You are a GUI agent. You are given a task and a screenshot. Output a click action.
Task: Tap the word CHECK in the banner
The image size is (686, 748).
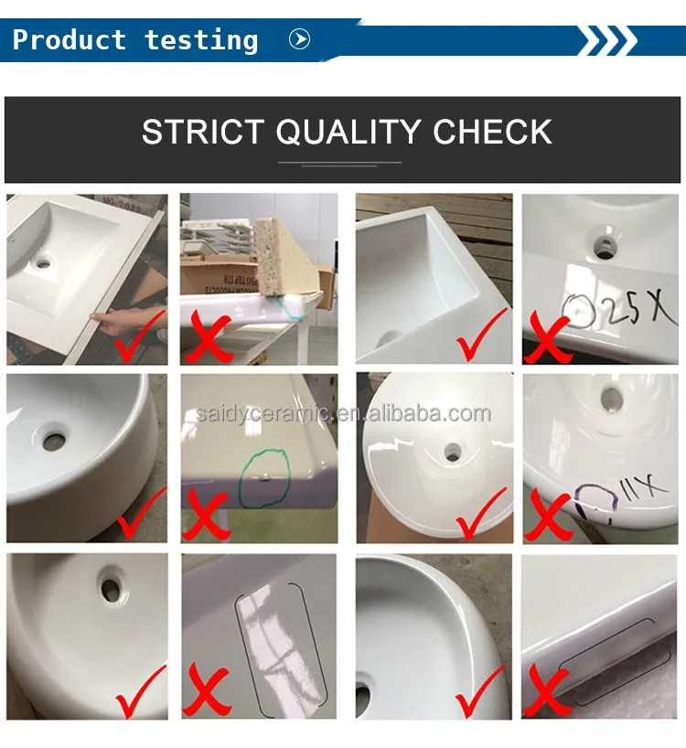click(492, 133)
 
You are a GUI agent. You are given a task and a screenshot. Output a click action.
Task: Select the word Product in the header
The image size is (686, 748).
click(69, 40)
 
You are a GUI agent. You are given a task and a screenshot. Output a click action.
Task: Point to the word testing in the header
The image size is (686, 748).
click(201, 40)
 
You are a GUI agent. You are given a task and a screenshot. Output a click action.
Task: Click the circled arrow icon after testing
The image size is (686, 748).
click(299, 39)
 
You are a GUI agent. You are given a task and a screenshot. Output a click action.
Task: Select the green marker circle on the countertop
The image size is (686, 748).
click(264, 476)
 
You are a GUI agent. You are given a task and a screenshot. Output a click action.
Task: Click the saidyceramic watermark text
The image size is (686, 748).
click(343, 414)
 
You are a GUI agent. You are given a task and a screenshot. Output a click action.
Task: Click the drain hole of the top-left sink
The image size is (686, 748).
click(43, 263)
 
